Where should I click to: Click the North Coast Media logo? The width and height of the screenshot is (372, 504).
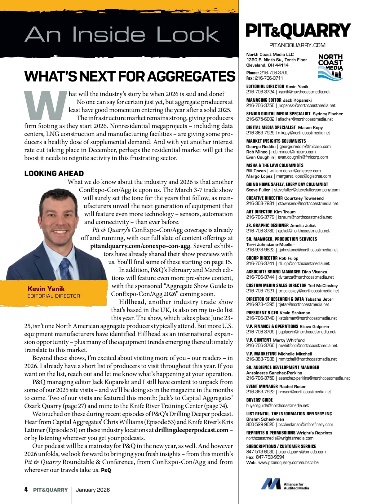[330, 67]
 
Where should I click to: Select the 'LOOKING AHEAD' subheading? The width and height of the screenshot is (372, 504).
[54, 174]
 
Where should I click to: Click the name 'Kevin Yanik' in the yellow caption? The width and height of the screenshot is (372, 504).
[46, 289]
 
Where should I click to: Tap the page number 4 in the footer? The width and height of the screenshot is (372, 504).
[26, 489]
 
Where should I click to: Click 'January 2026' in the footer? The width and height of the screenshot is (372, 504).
[93, 490]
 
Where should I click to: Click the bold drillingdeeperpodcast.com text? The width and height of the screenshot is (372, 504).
[191, 430]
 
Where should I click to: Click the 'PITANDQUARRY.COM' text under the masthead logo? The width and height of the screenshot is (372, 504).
[297, 45]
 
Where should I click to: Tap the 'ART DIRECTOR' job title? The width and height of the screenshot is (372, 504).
[259, 212]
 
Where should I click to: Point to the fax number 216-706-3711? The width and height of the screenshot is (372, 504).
[269, 78]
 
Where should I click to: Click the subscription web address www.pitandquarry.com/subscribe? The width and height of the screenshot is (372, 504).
[288, 462]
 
